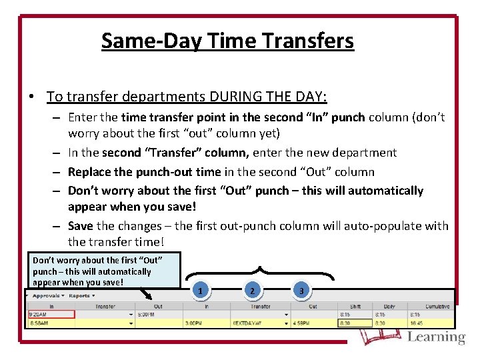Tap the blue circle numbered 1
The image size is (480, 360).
pos(201,291)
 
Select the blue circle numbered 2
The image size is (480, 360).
pos(251,291)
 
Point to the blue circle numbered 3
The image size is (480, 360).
pos(301,291)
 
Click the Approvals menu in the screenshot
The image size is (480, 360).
pos(47,295)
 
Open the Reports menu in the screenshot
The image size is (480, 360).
pos(81,295)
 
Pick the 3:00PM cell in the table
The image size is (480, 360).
pos(194,323)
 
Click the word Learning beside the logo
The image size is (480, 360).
pos(436,337)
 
